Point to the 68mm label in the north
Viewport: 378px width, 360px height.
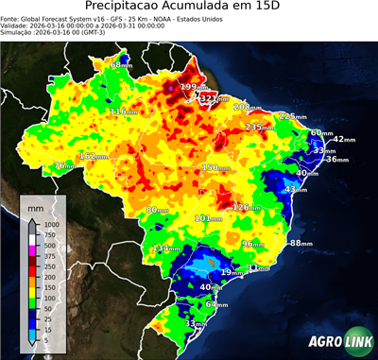tap(122, 65)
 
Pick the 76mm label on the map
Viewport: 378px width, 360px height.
tap(63, 166)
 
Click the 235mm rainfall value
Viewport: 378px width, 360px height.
tap(260, 128)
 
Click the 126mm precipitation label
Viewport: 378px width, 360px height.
tap(247, 207)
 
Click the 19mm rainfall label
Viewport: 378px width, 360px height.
tap(231, 273)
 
